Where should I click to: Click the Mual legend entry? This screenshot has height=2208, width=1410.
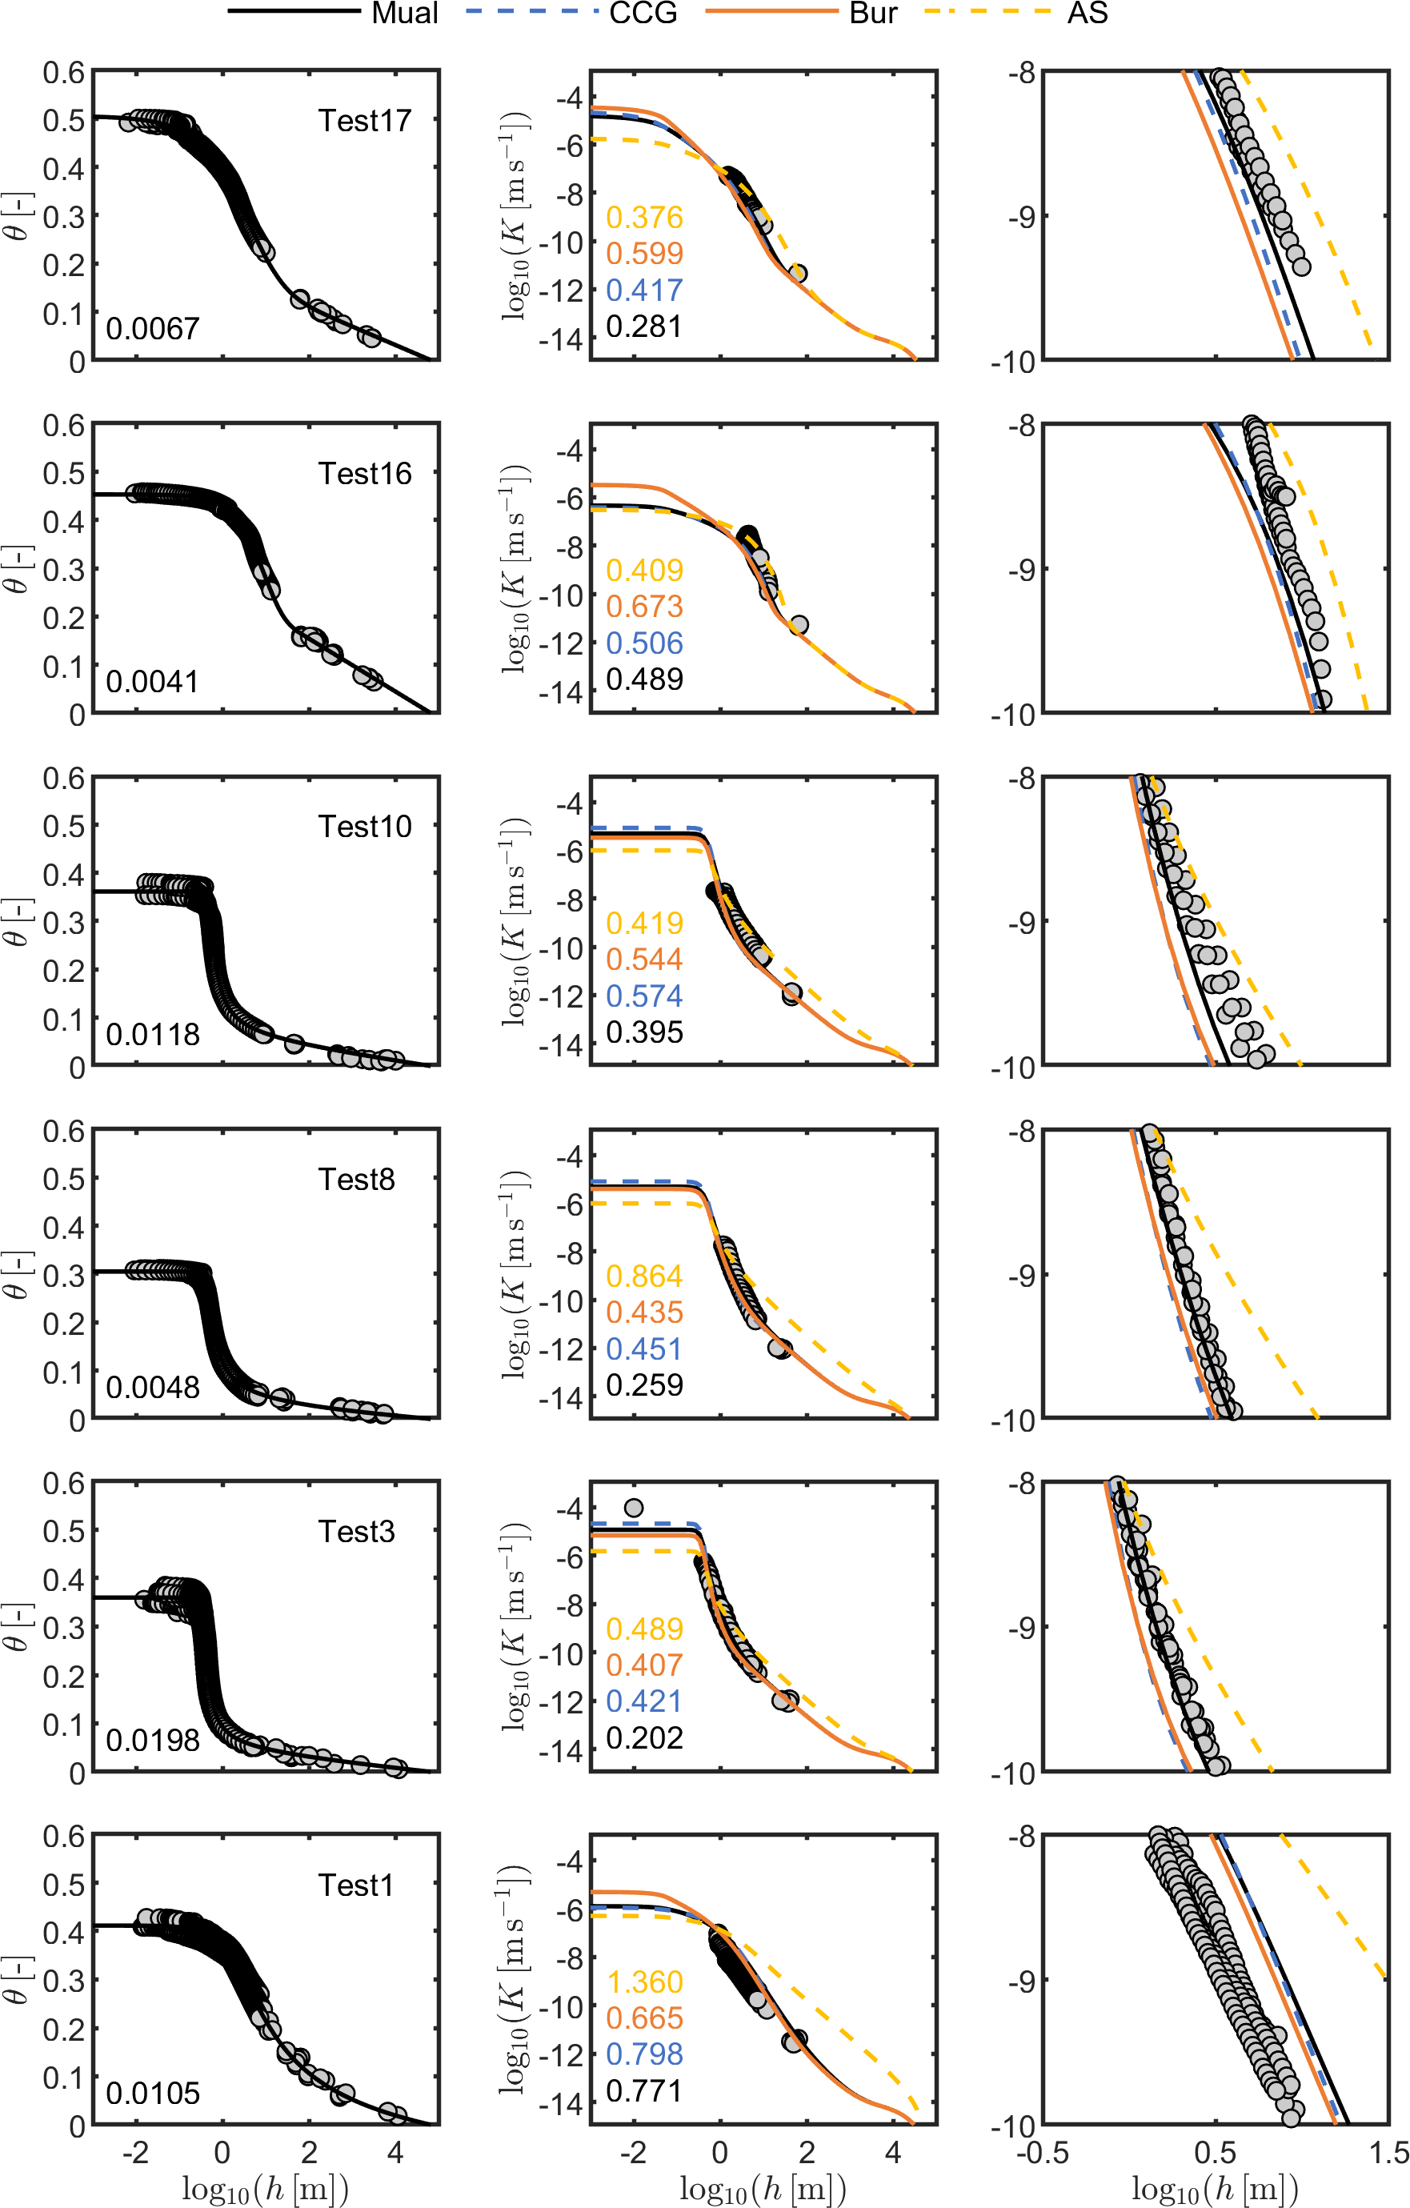[x=404, y=13]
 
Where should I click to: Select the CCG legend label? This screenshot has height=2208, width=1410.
[x=643, y=13]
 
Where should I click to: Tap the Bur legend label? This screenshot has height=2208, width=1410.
[x=873, y=13]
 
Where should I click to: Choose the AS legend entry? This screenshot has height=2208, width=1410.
[x=1088, y=13]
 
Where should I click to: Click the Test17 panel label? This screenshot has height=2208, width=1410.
[x=364, y=120]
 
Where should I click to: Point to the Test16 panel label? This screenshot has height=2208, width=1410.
[x=364, y=473]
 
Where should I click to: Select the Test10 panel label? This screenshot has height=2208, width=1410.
[x=364, y=826]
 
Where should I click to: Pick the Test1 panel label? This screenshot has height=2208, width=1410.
[x=356, y=1885]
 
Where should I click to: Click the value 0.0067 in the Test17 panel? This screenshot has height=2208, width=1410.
[x=152, y=328]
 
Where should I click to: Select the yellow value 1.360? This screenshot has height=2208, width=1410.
[x=644, y=1982]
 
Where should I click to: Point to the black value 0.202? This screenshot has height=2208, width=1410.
[x=644, y=1737]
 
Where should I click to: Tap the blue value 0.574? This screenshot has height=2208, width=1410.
[x=644, y=996]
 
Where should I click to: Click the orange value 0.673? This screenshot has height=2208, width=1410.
[x=644, y=606]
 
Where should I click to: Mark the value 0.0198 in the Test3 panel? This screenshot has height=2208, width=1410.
[x=152, y=1740]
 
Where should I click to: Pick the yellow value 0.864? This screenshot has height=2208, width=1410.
[x=644, y=1276]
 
